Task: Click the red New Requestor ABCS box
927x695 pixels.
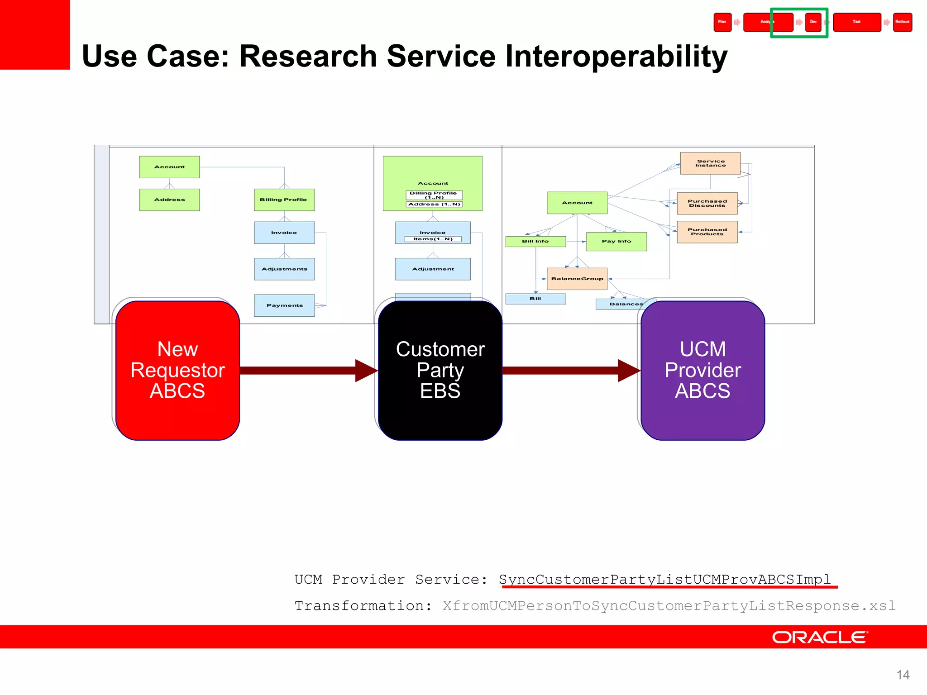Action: point(177,370)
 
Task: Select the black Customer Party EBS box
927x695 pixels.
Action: point(440,370)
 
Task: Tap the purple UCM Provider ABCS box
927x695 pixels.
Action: point(702,370)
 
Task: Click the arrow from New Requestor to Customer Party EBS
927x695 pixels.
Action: point(308,371)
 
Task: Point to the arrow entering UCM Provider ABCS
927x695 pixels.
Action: point(570,371)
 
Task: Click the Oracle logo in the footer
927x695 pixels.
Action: point(820,637)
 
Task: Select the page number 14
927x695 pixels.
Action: point(903,675)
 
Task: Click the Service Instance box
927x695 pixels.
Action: point(710,163)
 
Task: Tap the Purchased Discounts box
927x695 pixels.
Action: point(707,203)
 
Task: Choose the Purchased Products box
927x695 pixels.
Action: point(707,232)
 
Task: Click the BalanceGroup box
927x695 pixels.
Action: point(577,279)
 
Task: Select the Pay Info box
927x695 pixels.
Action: point(616,241)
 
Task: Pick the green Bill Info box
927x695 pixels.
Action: point(535,241)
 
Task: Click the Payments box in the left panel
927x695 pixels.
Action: point(284,305)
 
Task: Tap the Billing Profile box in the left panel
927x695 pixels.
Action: point(284,200)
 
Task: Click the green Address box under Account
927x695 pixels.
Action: point(169,200)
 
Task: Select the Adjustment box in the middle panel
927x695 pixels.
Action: point(433,269)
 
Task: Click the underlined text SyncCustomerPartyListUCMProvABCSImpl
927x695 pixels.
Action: point(664,579)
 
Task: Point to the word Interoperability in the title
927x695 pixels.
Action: point(616,56)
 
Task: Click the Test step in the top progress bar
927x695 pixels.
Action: point(856,22)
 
